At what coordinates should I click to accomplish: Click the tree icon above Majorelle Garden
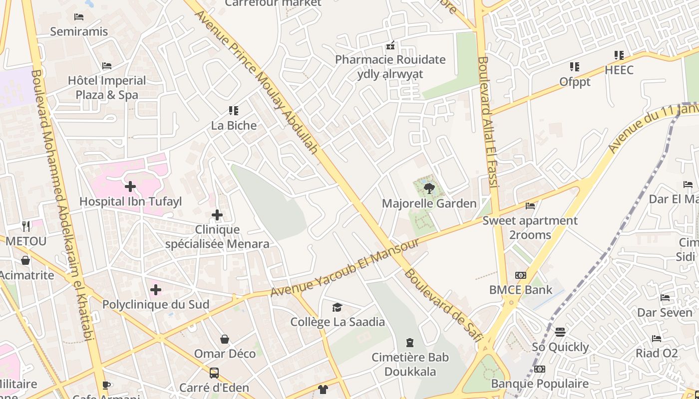tap(429, 189)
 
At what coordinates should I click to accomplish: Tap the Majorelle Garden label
tap(429, 203)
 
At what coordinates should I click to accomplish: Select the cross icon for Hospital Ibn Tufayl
tap(130, 187)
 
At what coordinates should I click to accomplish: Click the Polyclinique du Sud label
tap(155, 304)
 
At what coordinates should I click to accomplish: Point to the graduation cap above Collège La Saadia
tap(338, 307)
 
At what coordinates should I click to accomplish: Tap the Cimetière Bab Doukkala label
tap(410, 365)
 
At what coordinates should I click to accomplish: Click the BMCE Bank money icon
tap(521, 275)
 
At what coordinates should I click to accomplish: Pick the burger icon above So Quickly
tap(560, 332)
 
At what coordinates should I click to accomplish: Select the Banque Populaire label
tap(540, 384)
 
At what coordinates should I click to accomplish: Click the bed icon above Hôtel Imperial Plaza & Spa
tap(106, 66)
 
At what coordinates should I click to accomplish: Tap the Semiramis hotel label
tap(79, 31)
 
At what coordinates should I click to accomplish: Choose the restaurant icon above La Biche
tap(234, 111)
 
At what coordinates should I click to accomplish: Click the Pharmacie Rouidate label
tap(390, 60)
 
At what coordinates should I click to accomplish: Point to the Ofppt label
tap(575, 81)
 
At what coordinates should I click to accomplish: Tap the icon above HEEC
tap(619, 55)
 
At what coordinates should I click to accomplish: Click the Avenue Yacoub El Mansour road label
tap(345, 268)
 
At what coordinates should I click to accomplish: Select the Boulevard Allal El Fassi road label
tap(488, 122)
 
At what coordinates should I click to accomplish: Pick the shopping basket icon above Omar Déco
tap(225, 339)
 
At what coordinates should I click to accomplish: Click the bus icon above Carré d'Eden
tap(214, 373)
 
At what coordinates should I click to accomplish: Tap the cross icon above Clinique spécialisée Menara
tap(217, 215)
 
